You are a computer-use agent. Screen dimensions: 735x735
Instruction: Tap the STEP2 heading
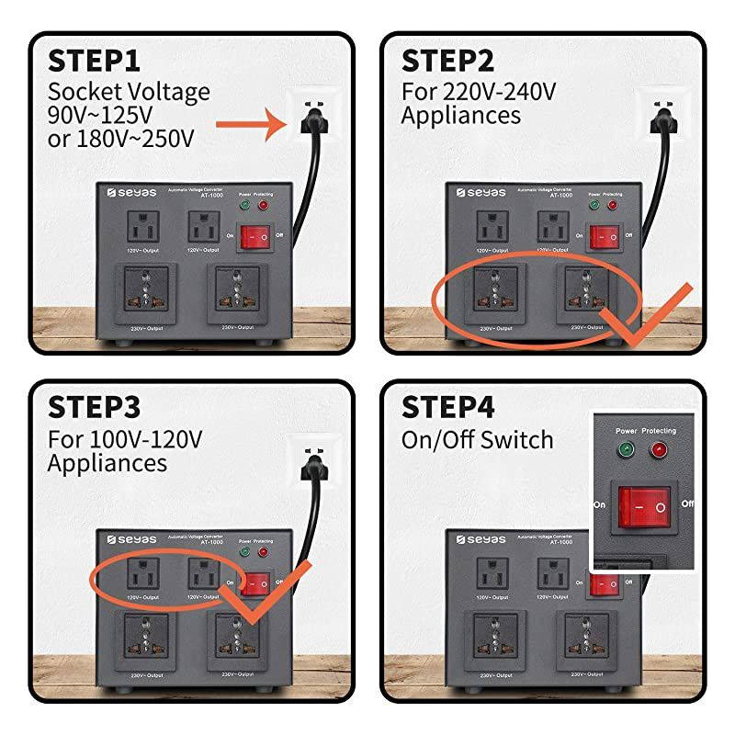[x=447, y=62]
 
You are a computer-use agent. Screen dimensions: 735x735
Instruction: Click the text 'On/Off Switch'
[x=477, y=439]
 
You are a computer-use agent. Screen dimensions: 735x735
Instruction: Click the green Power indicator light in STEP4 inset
[x=626, y=450]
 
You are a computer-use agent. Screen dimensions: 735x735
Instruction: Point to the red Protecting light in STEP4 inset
[x=658, y=450]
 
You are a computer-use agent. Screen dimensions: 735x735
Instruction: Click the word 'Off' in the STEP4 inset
[x=686, y=503]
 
